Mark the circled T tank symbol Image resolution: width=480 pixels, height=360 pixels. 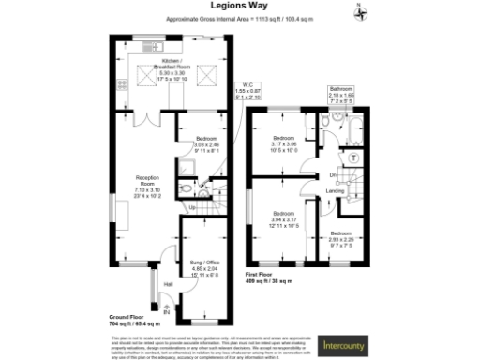(x=353, y=159)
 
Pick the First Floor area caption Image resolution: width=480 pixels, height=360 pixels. (x=269, y=278)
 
